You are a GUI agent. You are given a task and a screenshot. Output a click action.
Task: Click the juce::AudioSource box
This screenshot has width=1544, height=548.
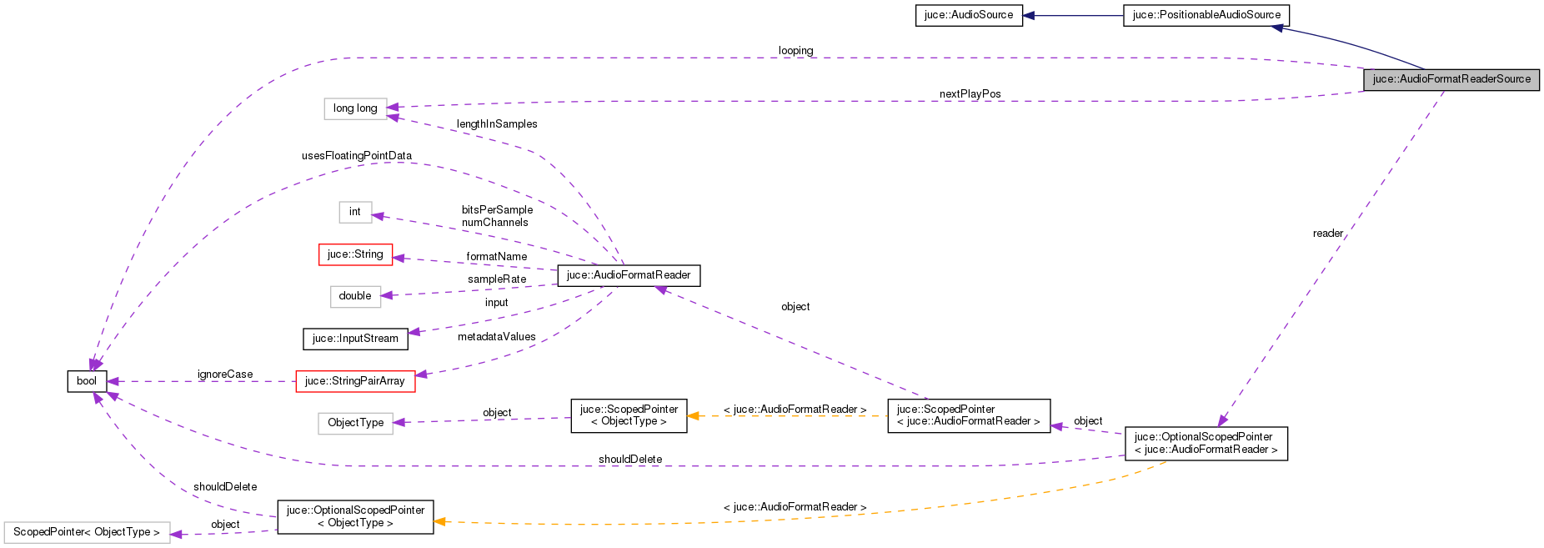click(969, 16)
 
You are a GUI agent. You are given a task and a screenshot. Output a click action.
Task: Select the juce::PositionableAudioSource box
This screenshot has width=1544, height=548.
click(1206, 16)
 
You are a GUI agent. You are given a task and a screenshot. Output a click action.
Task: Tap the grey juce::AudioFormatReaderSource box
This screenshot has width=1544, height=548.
click(1451, 79)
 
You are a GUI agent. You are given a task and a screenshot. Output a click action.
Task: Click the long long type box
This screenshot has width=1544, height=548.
click(355, 108)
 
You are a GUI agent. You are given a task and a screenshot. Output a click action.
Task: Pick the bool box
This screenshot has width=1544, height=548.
click(87, 381)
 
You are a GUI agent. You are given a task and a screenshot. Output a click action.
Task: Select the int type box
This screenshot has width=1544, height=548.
click(355, 212)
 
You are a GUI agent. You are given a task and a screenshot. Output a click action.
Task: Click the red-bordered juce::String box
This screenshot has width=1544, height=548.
click(355, 254)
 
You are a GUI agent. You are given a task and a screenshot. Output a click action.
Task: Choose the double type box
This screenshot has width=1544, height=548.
click(355, 296)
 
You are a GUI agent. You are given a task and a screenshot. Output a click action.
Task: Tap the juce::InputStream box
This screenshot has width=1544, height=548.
click(355, 339)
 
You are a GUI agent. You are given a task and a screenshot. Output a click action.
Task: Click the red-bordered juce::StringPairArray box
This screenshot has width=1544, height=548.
click(355, 381)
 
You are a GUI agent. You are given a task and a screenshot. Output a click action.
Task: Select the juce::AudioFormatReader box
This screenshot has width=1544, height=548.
click(629, 275)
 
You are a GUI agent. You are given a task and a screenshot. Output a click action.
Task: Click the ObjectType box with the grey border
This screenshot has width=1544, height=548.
click(355, 423)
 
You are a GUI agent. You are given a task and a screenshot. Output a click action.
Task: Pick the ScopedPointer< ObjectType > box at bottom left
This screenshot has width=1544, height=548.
click(87, 532)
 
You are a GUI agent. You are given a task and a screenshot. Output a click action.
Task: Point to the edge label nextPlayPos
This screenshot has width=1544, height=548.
click(970, 94)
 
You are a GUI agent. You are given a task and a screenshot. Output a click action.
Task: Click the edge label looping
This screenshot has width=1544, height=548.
click(795, 51)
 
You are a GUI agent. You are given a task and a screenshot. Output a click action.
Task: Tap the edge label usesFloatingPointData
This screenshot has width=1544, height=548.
click(356, 156)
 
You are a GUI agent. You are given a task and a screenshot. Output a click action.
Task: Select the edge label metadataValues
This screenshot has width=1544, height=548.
click(496, 337)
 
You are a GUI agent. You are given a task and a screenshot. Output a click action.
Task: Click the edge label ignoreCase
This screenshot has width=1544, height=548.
click(225, 375)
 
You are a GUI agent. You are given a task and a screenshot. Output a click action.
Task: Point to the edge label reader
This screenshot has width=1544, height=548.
click(1327, 234)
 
